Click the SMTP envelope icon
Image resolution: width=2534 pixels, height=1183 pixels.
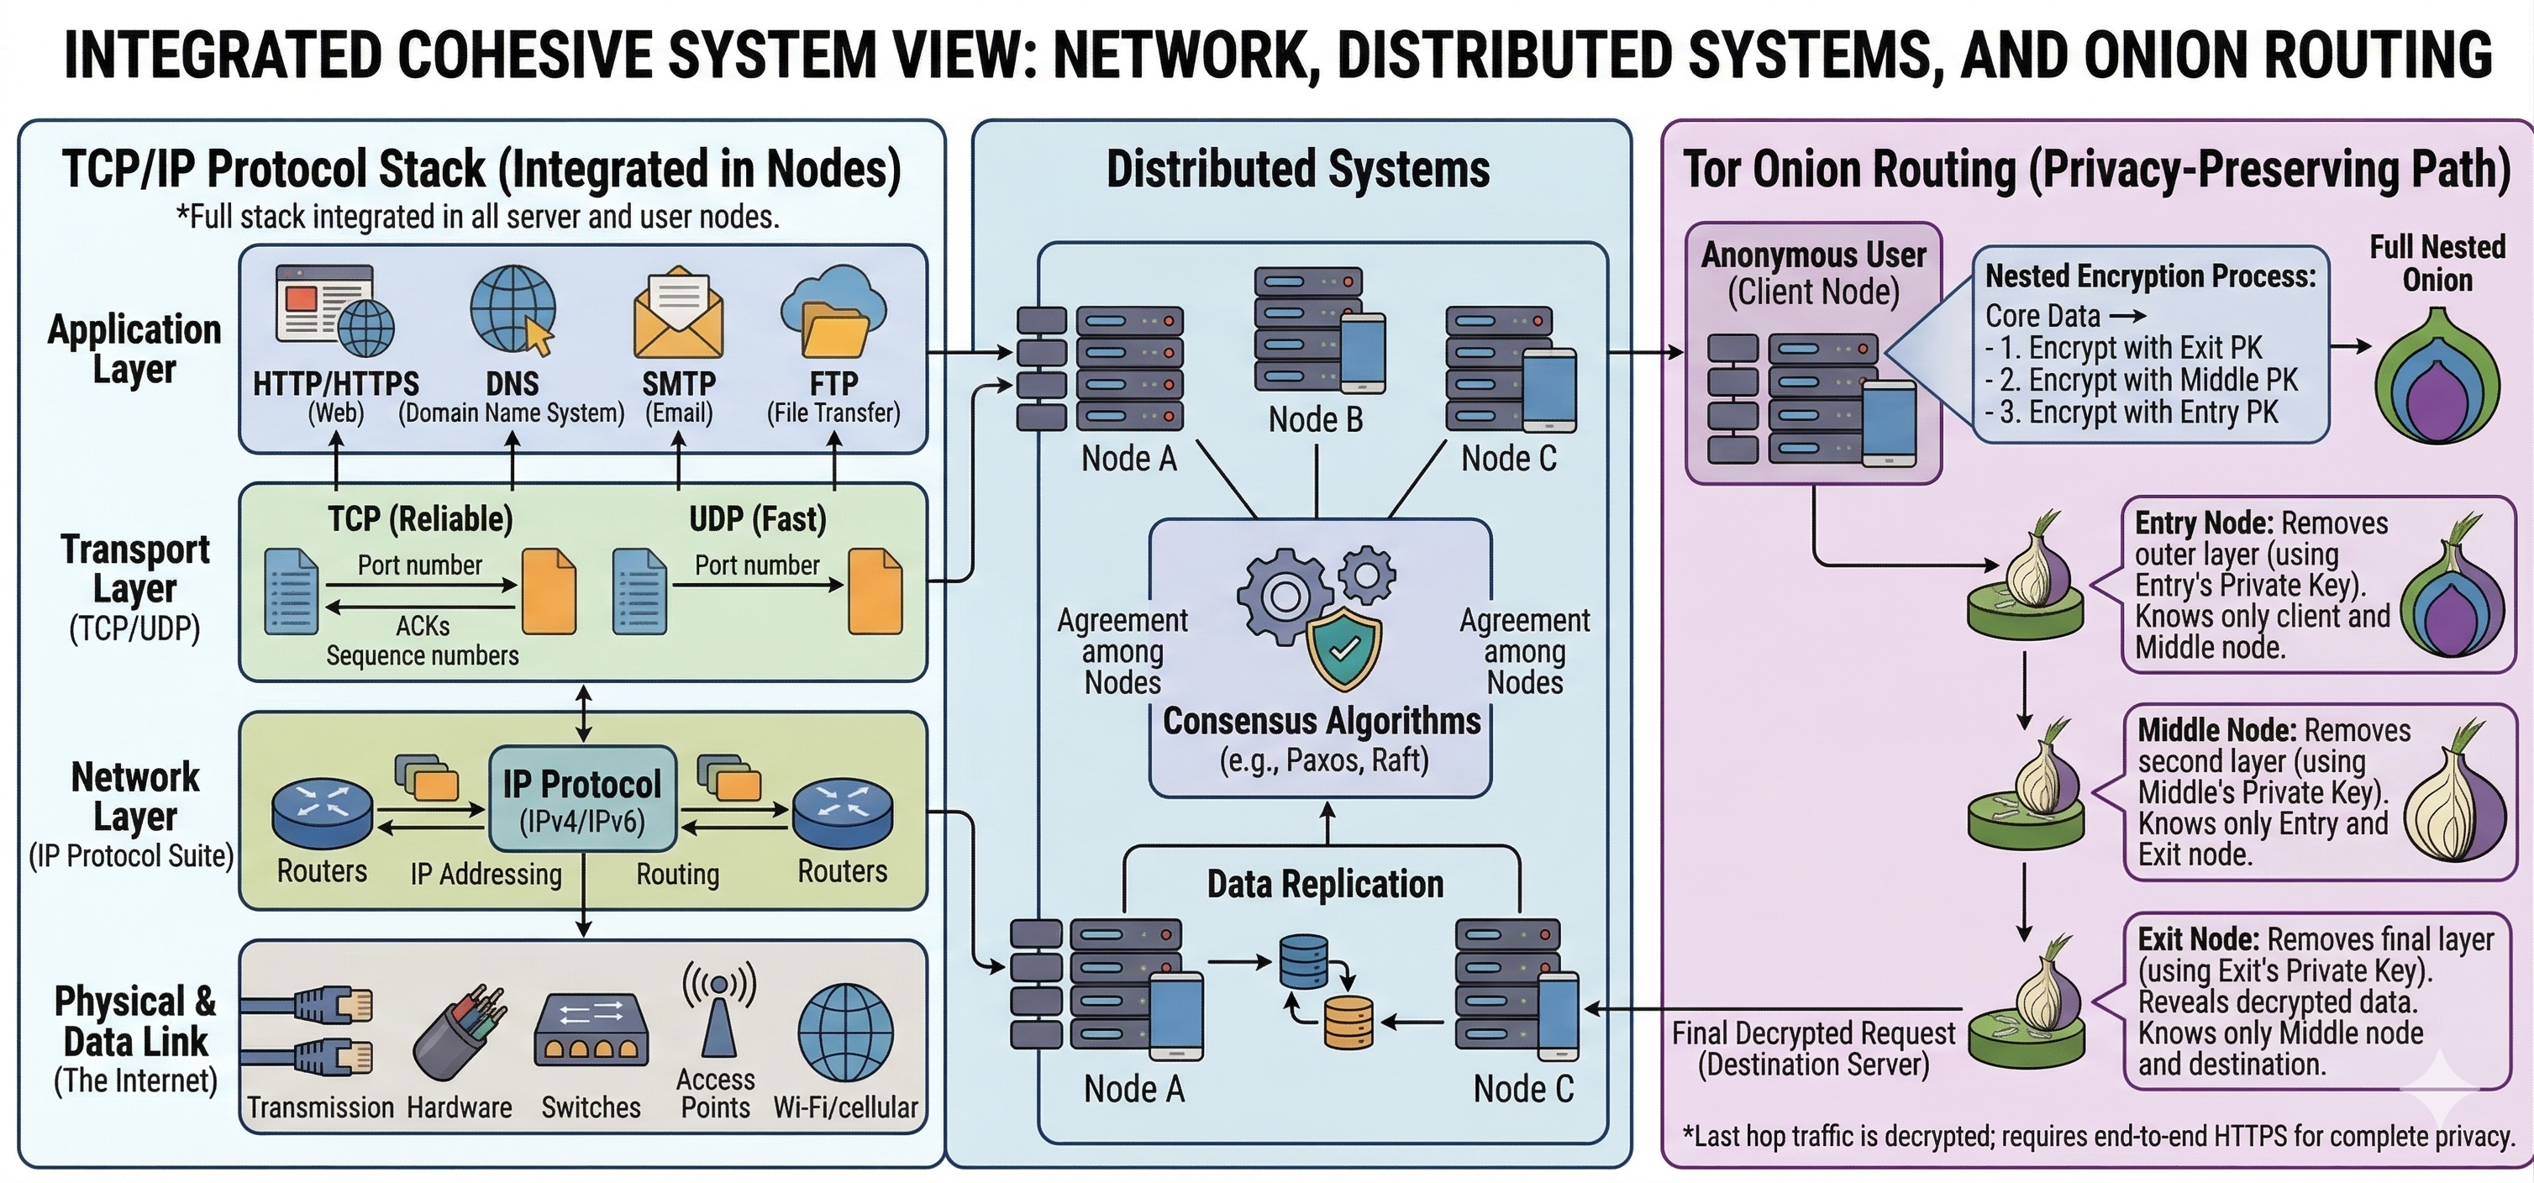679,316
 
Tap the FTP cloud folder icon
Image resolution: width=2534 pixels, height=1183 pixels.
833,313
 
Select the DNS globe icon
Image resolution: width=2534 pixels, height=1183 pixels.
513,310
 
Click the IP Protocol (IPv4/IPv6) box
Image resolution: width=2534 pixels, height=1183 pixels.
582,798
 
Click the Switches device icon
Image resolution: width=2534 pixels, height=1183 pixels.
591,1031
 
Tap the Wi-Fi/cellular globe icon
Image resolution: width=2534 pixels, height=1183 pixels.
846,1033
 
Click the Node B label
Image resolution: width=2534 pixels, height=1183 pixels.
1315,420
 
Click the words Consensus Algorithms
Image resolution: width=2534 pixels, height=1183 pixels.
1321,721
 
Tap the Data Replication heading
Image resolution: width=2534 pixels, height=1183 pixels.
1325,884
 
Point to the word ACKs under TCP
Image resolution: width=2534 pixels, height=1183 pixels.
423,627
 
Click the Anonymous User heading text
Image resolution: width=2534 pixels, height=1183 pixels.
1813,255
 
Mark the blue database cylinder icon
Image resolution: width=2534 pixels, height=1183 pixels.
1303,960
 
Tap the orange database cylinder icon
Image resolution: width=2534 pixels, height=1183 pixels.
1348,1023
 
